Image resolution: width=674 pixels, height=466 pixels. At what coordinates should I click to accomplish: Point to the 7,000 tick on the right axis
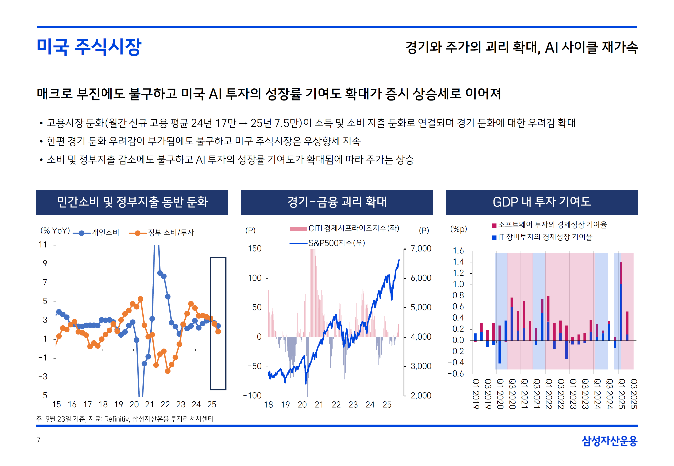pos(421,249)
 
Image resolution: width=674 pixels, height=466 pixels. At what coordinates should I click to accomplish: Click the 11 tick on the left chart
pos(43,244)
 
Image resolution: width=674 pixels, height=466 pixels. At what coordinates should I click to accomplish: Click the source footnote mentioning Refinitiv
pos(125,419)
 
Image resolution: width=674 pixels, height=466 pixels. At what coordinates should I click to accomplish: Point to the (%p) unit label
pos(459,229)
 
